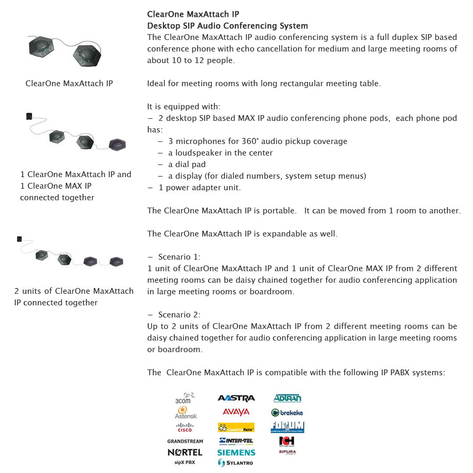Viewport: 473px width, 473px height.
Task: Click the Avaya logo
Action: pos(236,412)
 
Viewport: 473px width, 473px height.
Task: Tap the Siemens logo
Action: pos(236,452)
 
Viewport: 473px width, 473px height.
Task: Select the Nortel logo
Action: pos(185,452)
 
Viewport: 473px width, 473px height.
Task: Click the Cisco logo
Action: pos(185,427)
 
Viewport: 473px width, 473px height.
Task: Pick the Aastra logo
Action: pos(236,398)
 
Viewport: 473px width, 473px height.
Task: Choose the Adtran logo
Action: pos(287,398)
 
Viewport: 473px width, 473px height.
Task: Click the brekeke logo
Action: pos(287,413)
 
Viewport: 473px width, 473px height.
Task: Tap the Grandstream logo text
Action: pos(185,441)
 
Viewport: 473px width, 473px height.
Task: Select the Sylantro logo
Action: pos(236,462)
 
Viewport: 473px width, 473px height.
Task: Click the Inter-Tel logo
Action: pos(236,440)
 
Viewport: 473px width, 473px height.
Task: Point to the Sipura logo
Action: pos(287,451)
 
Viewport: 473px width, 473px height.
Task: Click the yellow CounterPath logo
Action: pos(236,427)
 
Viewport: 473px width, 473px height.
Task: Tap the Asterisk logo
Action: pos(185,413)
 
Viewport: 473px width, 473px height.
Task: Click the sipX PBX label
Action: pos(185,462)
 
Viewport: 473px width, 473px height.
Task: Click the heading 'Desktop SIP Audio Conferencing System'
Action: pos(228,26)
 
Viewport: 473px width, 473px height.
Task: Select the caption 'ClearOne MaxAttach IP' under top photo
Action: pos(69,83)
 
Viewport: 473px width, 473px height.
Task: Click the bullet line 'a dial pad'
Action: pos(187,164)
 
